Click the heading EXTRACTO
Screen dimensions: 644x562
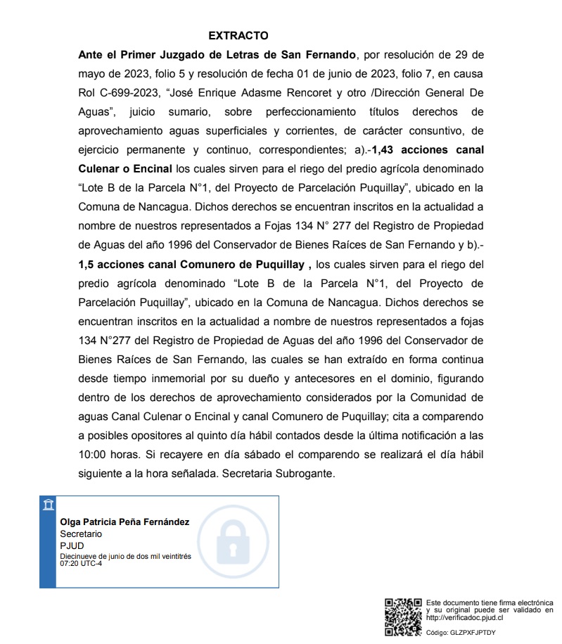(238, 36)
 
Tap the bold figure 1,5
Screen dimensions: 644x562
(87, 265)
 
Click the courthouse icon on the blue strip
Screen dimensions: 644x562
(48, 505)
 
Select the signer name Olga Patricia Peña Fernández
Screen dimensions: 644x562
(124, 522)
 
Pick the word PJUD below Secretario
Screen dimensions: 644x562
(72, 545)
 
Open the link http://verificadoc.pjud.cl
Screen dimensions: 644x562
(465, 618)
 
